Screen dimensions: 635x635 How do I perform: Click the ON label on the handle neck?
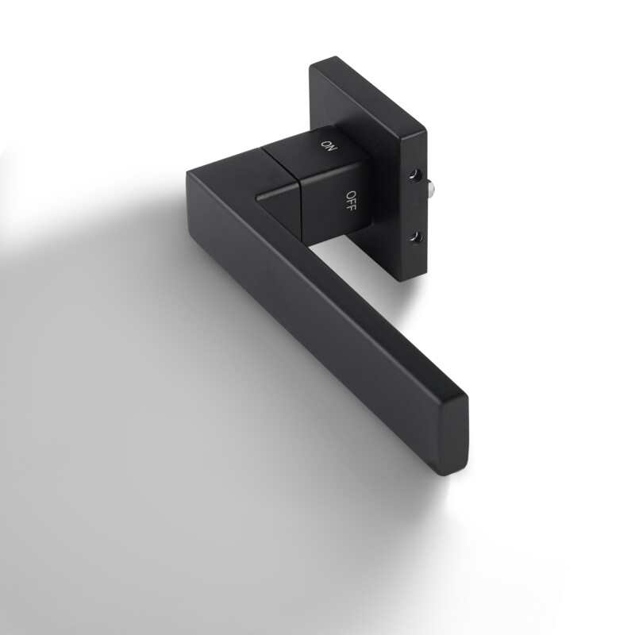(327, 144)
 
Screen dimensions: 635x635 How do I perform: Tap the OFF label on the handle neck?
(351, 198)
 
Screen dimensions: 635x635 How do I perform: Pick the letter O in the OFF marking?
(348, 193)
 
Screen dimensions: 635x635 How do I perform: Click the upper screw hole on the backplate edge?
(413, 173)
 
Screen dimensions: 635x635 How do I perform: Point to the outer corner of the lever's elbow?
(190, 171)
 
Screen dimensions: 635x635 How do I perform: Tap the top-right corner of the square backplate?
(424, 127)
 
